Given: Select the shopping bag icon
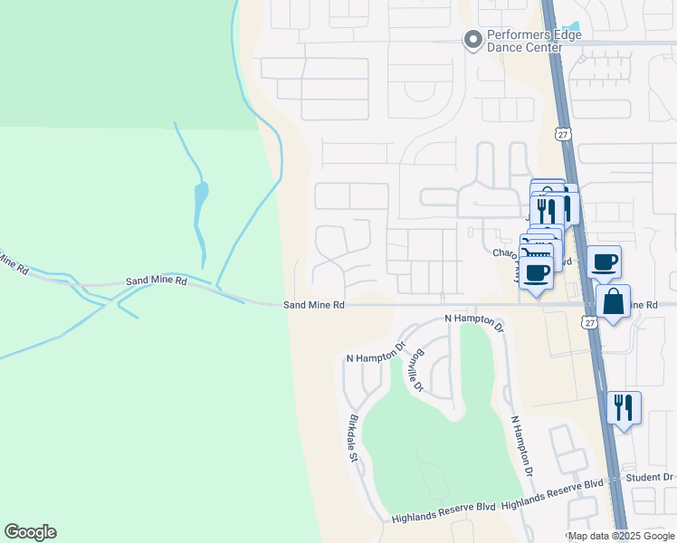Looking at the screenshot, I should point(613,302).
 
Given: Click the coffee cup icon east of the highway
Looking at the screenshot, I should point(604,262).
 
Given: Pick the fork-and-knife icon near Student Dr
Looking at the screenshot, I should point(624,407).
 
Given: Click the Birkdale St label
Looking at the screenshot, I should point(353,440).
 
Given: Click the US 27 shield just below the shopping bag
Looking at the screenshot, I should point(591,323).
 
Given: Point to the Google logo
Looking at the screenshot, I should point(30,532).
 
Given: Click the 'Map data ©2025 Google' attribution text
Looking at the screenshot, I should point(621,536).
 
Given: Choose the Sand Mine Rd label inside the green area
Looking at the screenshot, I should point(156,281).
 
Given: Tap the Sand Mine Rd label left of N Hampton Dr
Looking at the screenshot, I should point(314,306).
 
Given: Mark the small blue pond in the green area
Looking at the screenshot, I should point(200,195).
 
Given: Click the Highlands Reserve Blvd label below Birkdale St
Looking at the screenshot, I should point(443,518).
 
